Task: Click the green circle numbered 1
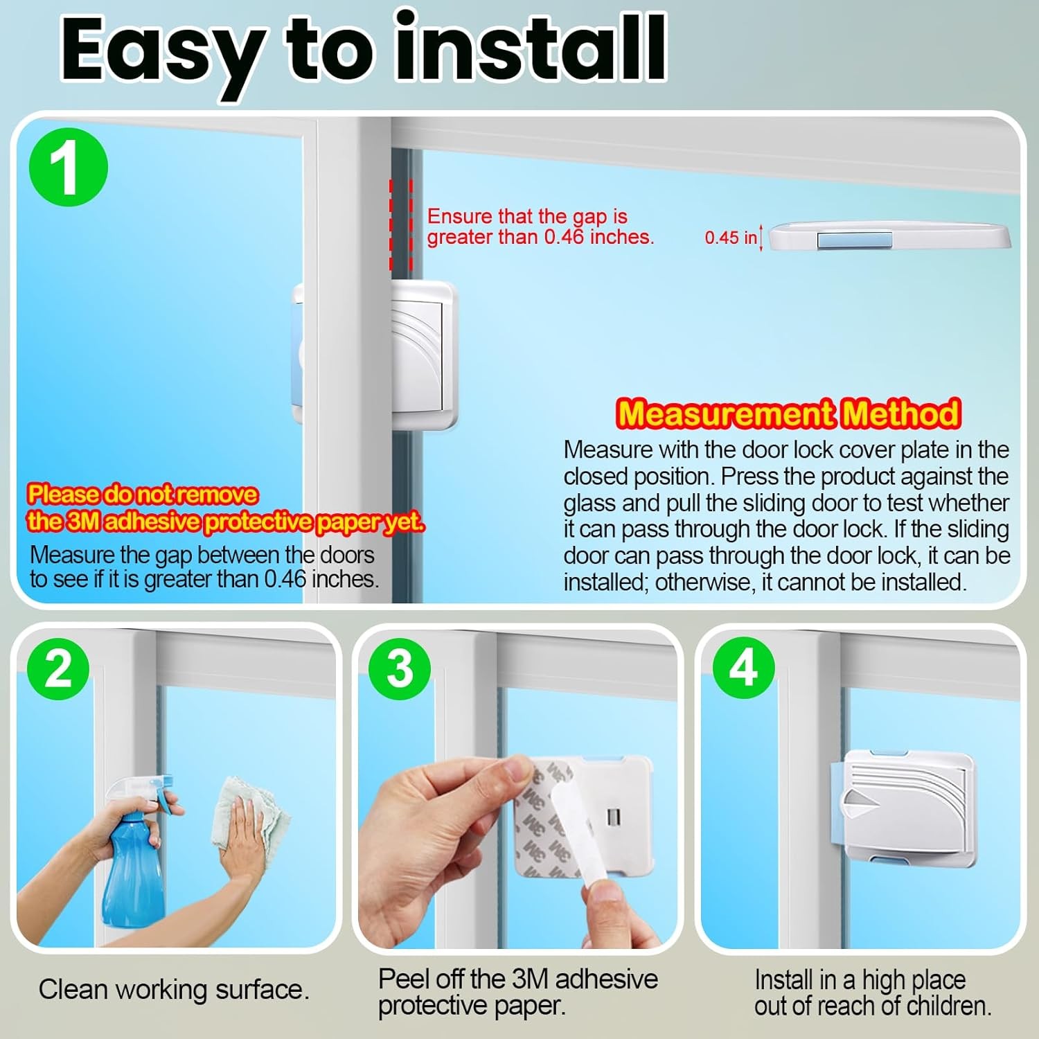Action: coord(69,167)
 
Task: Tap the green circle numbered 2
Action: coord(58,669)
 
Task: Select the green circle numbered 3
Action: coord(400,669)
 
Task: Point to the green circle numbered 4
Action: coord(744,668)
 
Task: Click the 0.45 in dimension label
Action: coord(731,238)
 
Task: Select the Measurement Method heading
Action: coord(788,414)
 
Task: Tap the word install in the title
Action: coord(530,45)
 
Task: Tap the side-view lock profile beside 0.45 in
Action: coord(890,236)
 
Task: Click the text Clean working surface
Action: coord(174,990)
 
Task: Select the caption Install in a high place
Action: coord(860,980)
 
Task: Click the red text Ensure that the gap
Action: coord(527,216)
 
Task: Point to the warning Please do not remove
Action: coord(142,495)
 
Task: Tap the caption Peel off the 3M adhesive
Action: coord(518,979)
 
